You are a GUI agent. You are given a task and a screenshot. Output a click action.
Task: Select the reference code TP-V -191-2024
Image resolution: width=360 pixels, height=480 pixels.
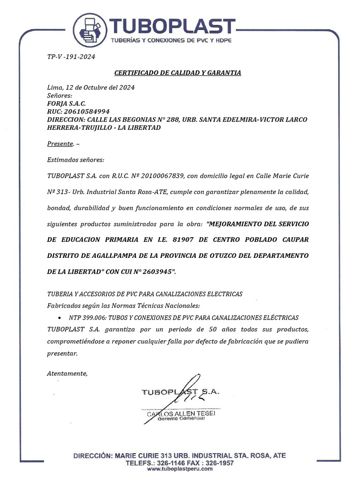click(x=71, y=57)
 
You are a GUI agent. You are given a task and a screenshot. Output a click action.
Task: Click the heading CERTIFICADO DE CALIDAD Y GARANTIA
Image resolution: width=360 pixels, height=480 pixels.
click(x=178, y=73)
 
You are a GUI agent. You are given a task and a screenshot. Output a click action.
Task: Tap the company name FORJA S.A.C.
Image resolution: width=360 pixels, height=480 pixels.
click(x=67, y=103)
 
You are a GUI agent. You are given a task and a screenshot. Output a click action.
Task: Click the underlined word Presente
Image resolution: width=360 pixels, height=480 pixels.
click(x=60, y=143)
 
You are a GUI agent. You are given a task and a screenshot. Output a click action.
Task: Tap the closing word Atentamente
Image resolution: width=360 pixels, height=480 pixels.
click(x=67, y=373)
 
